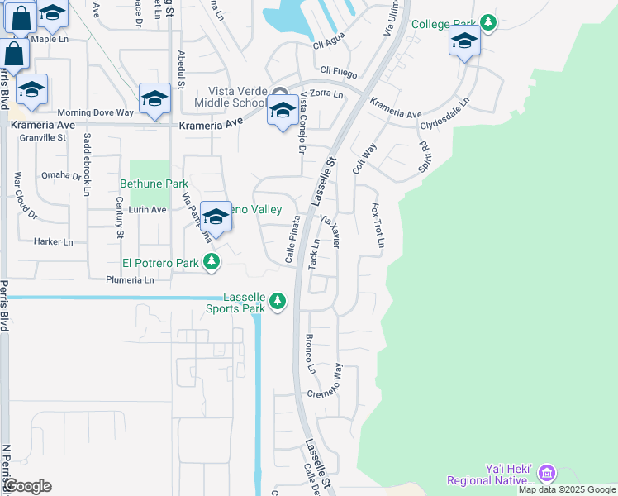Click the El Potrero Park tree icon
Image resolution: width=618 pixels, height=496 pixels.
click(x=212, y=263)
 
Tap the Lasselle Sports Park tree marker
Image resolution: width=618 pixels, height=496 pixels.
click(x=278, y=301)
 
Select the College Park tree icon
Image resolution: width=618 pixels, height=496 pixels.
click(x=489, y=23)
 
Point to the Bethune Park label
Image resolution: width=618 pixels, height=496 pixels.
click(x=154, y=184)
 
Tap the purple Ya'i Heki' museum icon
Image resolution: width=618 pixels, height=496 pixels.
click(x=545, y=473)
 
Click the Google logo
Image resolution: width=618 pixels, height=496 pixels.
click(x=27, y=486)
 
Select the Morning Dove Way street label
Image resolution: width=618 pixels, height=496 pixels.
click(x=95, y=112)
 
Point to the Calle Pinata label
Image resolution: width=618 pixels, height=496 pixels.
click(x=292, y=241)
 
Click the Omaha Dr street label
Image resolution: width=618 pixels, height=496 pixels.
click(x=61, y=175)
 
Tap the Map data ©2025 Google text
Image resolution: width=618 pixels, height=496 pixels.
click(x=567, y=489)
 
